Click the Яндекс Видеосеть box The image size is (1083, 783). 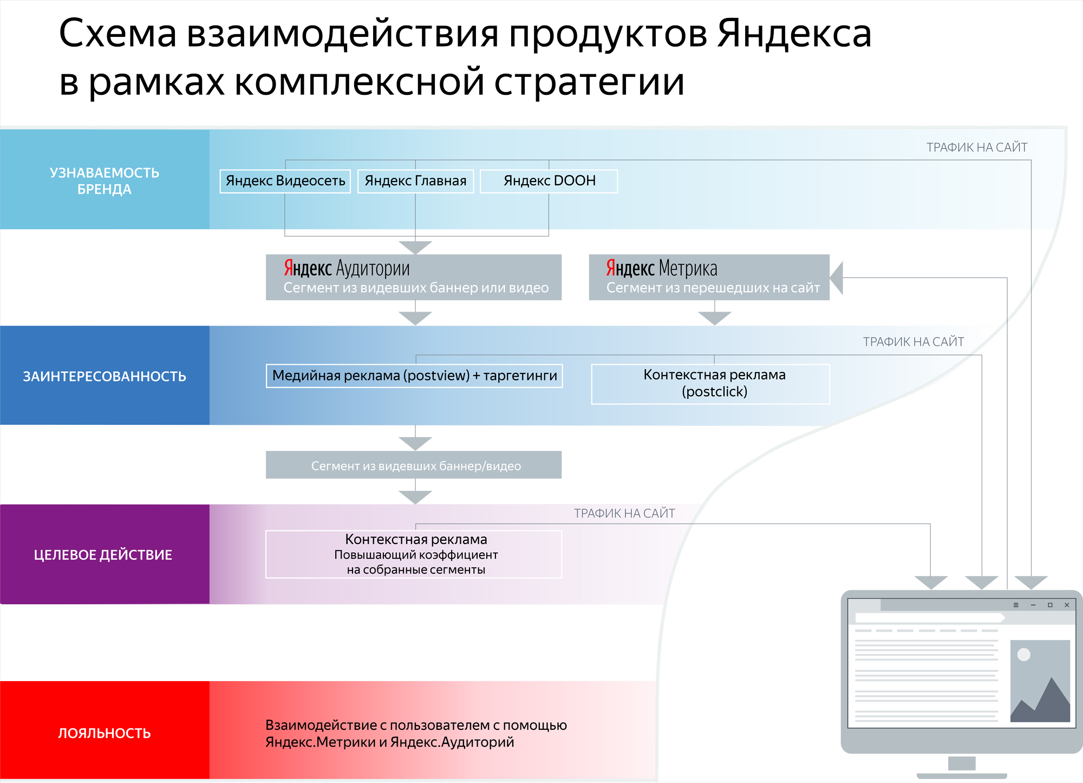[x=285, y=181]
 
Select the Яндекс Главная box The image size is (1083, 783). [x=415, y=181]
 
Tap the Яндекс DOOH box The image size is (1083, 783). [x=549, y=181]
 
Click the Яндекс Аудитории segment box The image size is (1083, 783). [x=414, y=277]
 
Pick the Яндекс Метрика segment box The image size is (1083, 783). [x=709, y=277]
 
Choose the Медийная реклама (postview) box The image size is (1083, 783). [x=414, y=376]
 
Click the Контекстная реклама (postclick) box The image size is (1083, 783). [x=710, y=384]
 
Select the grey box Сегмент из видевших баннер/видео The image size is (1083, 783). [x=414, y=465]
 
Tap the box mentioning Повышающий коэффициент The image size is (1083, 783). [x=414, y=554]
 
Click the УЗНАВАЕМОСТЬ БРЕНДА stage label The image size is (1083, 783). [x=105, y=180]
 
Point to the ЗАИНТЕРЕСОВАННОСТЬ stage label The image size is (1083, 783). [x=105, y=376]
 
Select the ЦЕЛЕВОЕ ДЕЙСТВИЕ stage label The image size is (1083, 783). [x=103, y=555]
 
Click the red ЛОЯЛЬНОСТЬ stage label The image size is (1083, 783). [x=105, y=733]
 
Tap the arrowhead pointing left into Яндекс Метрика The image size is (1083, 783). [x=837, y=278]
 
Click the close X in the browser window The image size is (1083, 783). [x=1067, y=605]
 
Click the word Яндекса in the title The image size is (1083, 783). [x=794, y=34]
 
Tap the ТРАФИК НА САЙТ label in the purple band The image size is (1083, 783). [x=624, y=513]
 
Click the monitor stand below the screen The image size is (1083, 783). [x=962, y=765]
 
